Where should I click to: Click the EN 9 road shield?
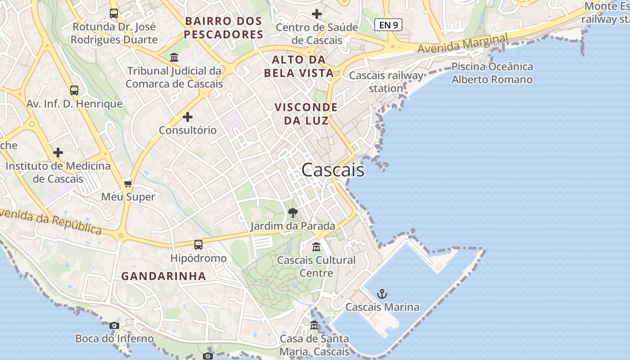[388, 25]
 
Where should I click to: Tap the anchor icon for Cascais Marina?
[382, 294]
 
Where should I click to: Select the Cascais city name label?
[333, 170]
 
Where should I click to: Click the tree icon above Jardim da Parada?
[293, 212]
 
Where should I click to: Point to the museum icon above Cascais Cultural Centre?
[316, 247]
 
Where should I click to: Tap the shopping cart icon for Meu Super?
[128, 184]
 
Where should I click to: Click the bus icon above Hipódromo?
[198, 245]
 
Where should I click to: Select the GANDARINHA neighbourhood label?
[164, 276]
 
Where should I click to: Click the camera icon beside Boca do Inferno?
[114, 325]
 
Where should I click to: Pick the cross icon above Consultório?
[188, 117]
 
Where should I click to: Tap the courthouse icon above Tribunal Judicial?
[174, 58]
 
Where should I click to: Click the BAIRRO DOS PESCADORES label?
[224, 27]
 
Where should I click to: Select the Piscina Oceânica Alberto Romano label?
[492, 73]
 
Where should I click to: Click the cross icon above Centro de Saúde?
[317, 14]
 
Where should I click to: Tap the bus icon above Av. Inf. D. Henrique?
[74, 90]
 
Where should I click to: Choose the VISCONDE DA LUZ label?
[306, 114]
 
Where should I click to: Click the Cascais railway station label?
[386, 81]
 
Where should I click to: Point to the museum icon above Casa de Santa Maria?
[314, 325]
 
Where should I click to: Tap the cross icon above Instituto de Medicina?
[58, 153]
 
